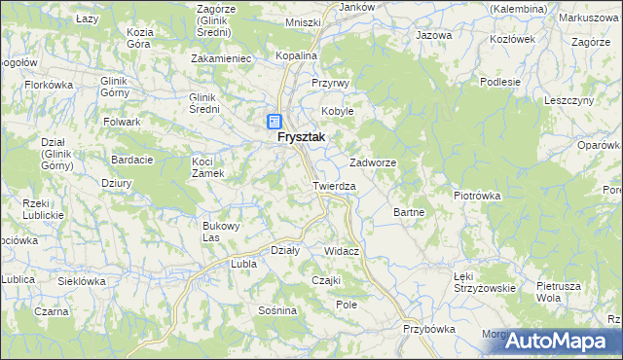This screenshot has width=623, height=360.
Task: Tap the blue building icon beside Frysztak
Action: [275, 122]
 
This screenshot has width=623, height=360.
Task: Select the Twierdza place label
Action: [334, 185]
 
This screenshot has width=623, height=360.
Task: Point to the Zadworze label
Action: [372, 162]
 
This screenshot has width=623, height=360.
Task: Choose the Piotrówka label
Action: [477, 195]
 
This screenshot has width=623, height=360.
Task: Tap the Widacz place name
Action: [342, 251]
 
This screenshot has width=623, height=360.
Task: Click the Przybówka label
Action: [429, 329]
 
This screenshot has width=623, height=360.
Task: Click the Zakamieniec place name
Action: [223, 58]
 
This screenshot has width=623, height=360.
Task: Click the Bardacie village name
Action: [132, 159]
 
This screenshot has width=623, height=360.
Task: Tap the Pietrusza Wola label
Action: [559, 292]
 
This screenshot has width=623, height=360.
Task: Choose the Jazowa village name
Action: [434, 35]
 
